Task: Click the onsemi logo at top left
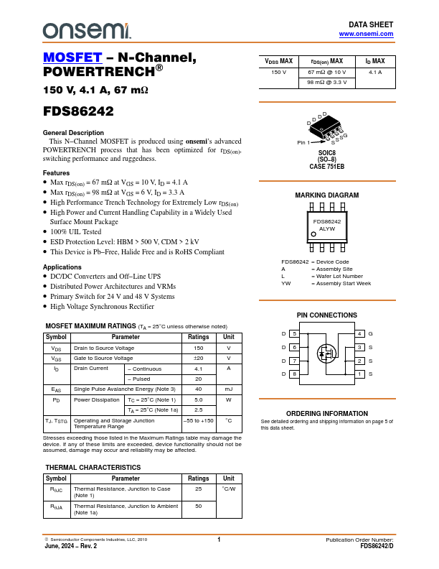point(86,30)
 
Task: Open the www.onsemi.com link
point(366,34)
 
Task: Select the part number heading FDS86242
point(78,112)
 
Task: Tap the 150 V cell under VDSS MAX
point(278,73)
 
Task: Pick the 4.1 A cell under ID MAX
point(375,73)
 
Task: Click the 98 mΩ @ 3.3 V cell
point(326,83)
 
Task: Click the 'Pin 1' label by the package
point(304,143)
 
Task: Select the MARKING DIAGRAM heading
point(326,195)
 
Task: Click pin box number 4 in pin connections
point(359,334)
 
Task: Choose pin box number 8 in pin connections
point(293,374)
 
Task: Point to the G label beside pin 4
point(371,334)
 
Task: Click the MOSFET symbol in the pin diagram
point(326,353)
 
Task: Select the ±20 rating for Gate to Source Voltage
point(199,358)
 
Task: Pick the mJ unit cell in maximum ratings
point(228,389)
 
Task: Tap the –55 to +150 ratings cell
point(199,420)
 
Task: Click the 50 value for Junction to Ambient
point(199,506)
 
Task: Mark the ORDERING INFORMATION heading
point(326,413)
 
